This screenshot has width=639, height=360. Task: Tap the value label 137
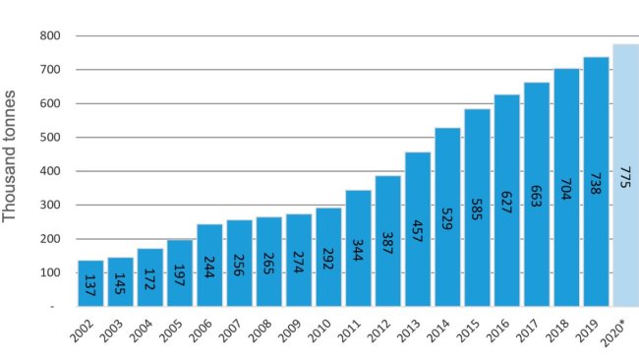pyautogui.click(x=89, y=285)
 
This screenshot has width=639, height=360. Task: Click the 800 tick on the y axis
pyautogui.click(x=52, y=36)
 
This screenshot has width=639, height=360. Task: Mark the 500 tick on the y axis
pyautogui.click(x=52, y=138)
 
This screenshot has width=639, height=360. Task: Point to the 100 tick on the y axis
pyautogui.click(x=52, y=272)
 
